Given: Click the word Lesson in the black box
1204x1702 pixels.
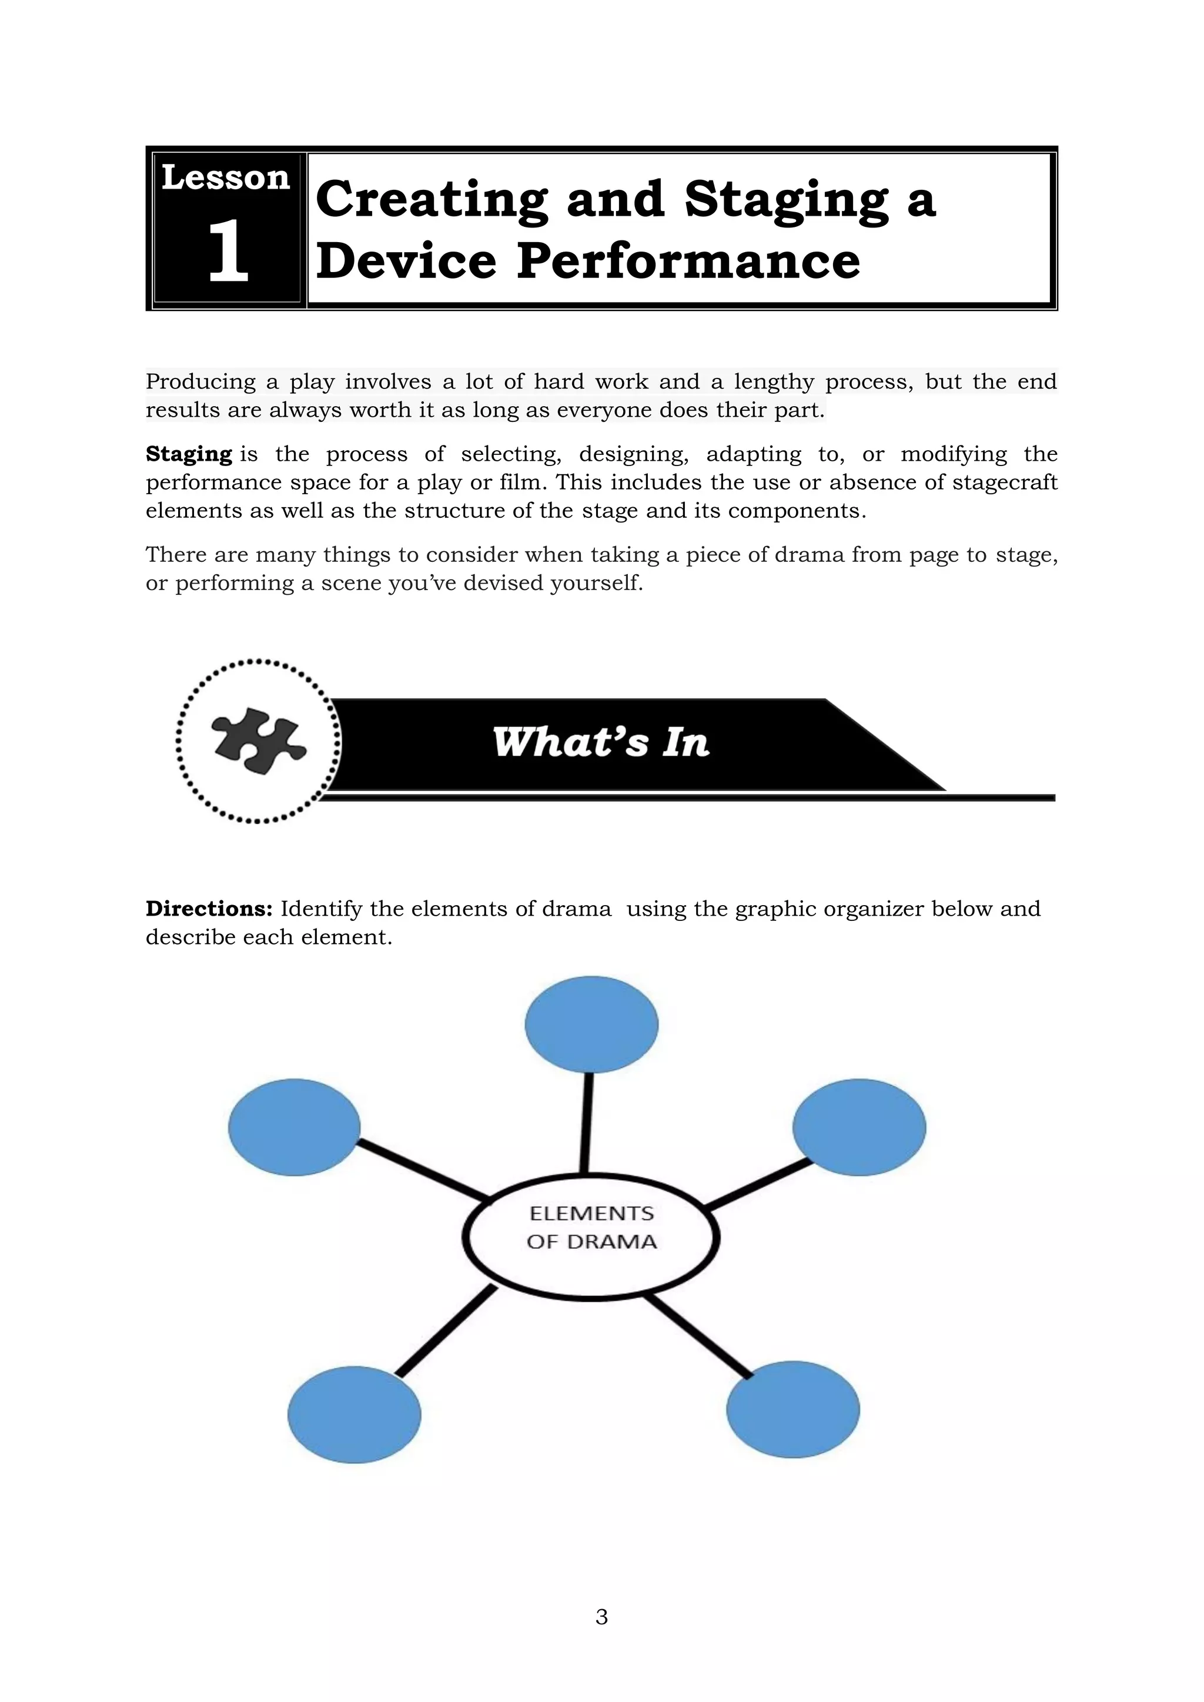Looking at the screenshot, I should [x=225, y=179].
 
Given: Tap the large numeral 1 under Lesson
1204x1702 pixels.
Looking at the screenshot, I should [x=227, y=252].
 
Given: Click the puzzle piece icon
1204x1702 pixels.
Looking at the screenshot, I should [x=257, y=741].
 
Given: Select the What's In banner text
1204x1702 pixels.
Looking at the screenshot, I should [x=600, y=743].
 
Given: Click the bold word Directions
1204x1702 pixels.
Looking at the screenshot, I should [x=209, y=909].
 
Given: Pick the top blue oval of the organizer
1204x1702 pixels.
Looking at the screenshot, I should [x=591, y=1024].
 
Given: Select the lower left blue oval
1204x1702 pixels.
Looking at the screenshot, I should [x=354, y=1415].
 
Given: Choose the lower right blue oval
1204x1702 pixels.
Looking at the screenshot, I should [x=792, y=1409].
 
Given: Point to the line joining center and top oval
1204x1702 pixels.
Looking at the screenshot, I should [x=587, y=1123].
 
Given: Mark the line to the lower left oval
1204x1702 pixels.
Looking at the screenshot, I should [x=445, y=1331].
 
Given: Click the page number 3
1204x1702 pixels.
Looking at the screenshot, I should [x=601, y=1617].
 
